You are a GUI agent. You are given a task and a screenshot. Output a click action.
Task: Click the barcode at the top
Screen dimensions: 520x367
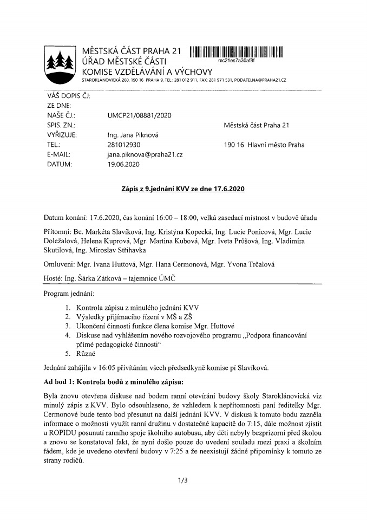[x=237, y=53]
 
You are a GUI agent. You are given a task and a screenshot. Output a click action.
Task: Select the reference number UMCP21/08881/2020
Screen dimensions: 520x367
[x=140, y=115]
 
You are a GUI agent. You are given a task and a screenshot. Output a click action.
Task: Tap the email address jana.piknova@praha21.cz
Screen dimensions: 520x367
[x=145, y=154]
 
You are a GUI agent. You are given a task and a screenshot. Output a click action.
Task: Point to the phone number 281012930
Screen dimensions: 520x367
[x=124, y=145]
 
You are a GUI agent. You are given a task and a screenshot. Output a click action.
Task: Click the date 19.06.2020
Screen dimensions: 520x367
[x=124, y=164]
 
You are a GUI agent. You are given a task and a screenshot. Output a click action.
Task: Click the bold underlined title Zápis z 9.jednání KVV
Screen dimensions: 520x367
[x=183, y=189]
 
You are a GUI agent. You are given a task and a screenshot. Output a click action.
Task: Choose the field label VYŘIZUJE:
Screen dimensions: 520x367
[x=62, y=135]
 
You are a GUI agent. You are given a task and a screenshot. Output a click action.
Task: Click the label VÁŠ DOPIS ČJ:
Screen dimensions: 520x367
[x=69, y=96]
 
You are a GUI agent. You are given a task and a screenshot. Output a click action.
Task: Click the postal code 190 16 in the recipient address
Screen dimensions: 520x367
[x=232, y=145]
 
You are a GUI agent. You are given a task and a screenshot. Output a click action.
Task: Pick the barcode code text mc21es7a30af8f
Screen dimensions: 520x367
[x=236, y=61]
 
